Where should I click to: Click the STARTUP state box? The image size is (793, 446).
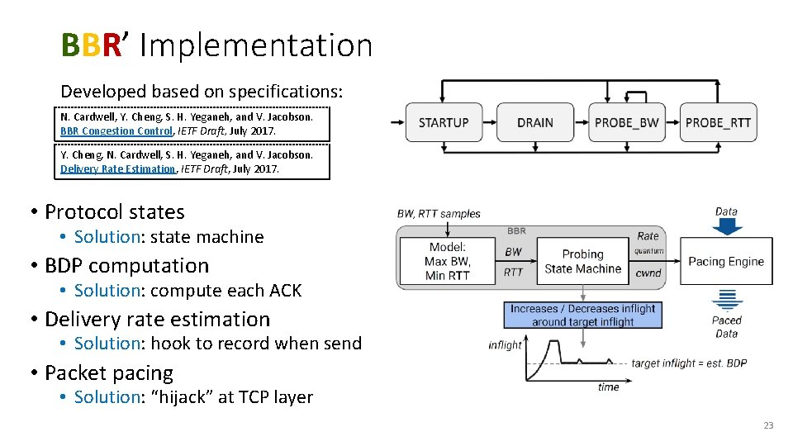(444, 122)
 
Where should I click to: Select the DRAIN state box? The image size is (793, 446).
(535, 122)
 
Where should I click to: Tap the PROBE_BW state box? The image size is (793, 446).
(627, 122)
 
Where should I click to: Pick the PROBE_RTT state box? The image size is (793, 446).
(718, 122)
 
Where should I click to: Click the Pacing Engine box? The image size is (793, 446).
(726, 261)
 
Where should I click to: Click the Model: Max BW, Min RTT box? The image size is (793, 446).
(447, 261)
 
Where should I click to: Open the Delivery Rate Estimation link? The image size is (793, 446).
(118, 168)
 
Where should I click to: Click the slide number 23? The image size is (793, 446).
(768, 425)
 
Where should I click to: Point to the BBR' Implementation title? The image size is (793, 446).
(216, 45)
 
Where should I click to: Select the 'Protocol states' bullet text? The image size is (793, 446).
(115, 211)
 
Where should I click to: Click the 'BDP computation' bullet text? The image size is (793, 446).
(127, 265)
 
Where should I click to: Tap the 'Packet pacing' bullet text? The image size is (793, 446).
(109, 372)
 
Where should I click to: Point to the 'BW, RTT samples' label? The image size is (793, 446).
(439, 214)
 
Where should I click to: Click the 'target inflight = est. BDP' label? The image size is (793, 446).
(689, 363)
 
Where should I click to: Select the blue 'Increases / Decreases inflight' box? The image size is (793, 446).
(582, 315)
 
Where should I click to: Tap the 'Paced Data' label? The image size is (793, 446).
(727, 327)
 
